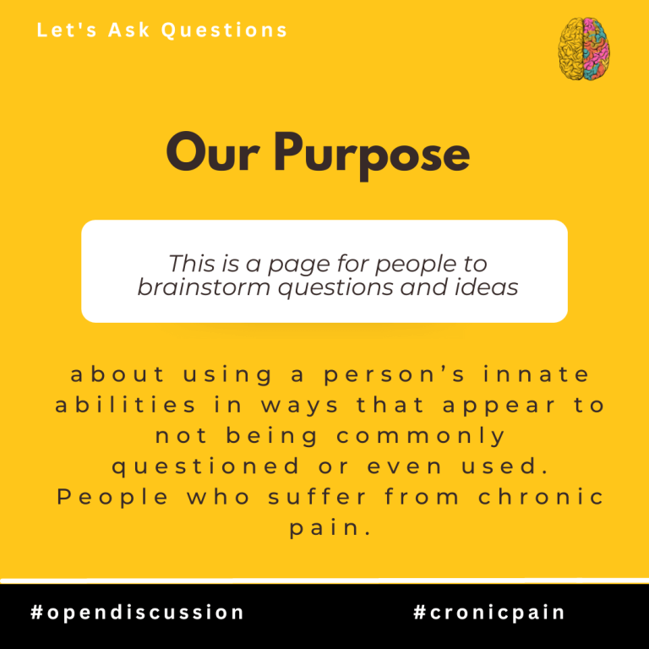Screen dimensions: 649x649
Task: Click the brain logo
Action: tap(584, 49)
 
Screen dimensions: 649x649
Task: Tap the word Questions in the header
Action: tap(224, 30)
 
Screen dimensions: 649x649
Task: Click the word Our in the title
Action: tap(213, 152)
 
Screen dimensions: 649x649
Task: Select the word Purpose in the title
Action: tap(371, 155)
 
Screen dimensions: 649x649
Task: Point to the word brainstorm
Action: tap(204, 286)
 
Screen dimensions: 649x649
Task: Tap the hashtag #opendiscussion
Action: tap(137, 613)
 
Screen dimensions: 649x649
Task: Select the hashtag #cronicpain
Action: tap(489, 613)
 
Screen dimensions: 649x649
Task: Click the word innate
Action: tap(537, 374)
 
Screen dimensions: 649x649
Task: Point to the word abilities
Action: tap(125, 405)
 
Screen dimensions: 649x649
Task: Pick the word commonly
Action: tap(421, 436)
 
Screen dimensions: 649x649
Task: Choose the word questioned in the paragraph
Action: tap(205, 466)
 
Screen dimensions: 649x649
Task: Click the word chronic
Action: tap(542, 496)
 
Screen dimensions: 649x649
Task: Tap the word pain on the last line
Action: tap(330, 528)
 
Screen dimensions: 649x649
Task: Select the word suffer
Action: tap(318, 496)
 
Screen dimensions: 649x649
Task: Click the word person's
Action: tap(395, 375)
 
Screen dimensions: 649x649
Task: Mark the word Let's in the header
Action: tap(67, 30)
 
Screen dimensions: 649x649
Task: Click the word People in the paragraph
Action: tap(112, 498)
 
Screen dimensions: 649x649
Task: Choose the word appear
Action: tap(499, 406)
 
